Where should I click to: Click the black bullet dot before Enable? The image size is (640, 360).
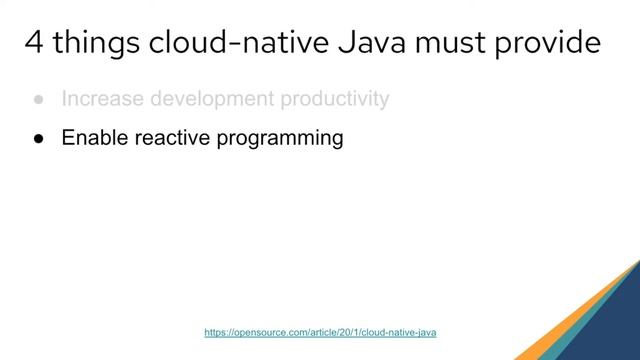click(38, 139)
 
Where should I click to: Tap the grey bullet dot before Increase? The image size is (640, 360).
click(38, 100)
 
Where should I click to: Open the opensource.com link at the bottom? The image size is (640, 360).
click(320, 331)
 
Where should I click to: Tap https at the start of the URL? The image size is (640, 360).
click(215, 331)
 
